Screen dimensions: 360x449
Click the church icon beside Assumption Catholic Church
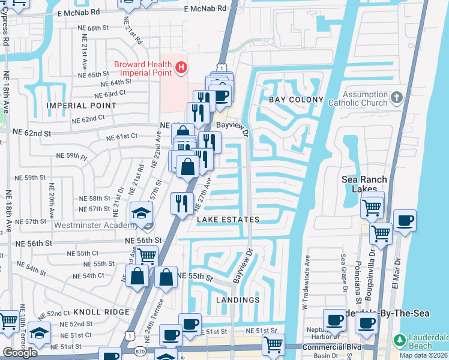tap(396, 98)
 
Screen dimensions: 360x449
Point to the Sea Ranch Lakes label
tap(364, 184)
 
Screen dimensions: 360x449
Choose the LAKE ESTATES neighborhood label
tap(228, 220)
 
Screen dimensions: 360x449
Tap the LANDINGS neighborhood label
tap(239, 299)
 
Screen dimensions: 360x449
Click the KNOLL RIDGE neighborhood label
tap(101, 312)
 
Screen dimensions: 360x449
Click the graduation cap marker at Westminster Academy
tap(142, 214)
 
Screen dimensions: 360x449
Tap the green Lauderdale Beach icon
tap(399, 341)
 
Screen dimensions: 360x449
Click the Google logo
tap(20, 353)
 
